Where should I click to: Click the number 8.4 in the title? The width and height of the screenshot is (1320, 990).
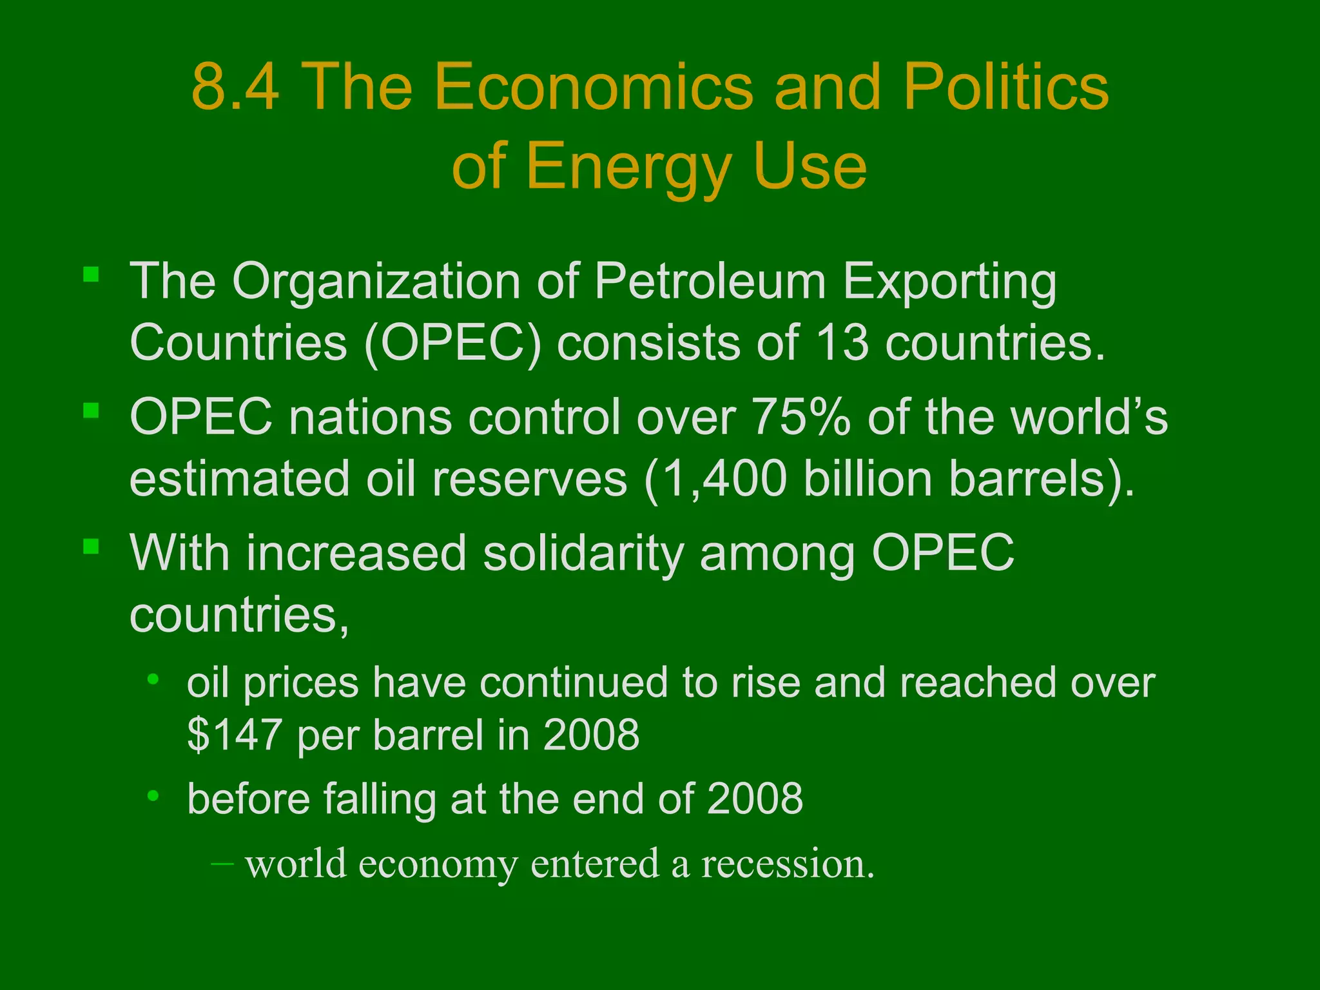click(x=236, y=87)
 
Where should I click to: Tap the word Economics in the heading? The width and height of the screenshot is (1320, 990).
click(x=593, y=87)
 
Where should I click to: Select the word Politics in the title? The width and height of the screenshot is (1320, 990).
click(x=1005, y=87)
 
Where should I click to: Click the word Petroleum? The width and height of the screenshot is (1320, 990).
click(x=710, y=282)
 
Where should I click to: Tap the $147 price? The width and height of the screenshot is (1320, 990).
click(x=233, y=735)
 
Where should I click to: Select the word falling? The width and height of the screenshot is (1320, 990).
click(x=380, y=799)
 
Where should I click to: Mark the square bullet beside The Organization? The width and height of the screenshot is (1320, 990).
click(x=91, y=275)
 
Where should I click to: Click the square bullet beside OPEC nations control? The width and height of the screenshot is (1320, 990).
click(x=91, y=411)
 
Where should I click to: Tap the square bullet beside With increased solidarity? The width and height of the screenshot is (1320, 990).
click(x=91, y=547)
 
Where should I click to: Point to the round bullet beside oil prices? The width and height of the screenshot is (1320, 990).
click(x=153, y=679)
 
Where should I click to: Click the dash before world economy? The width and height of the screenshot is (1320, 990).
click(x=222, y=862)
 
